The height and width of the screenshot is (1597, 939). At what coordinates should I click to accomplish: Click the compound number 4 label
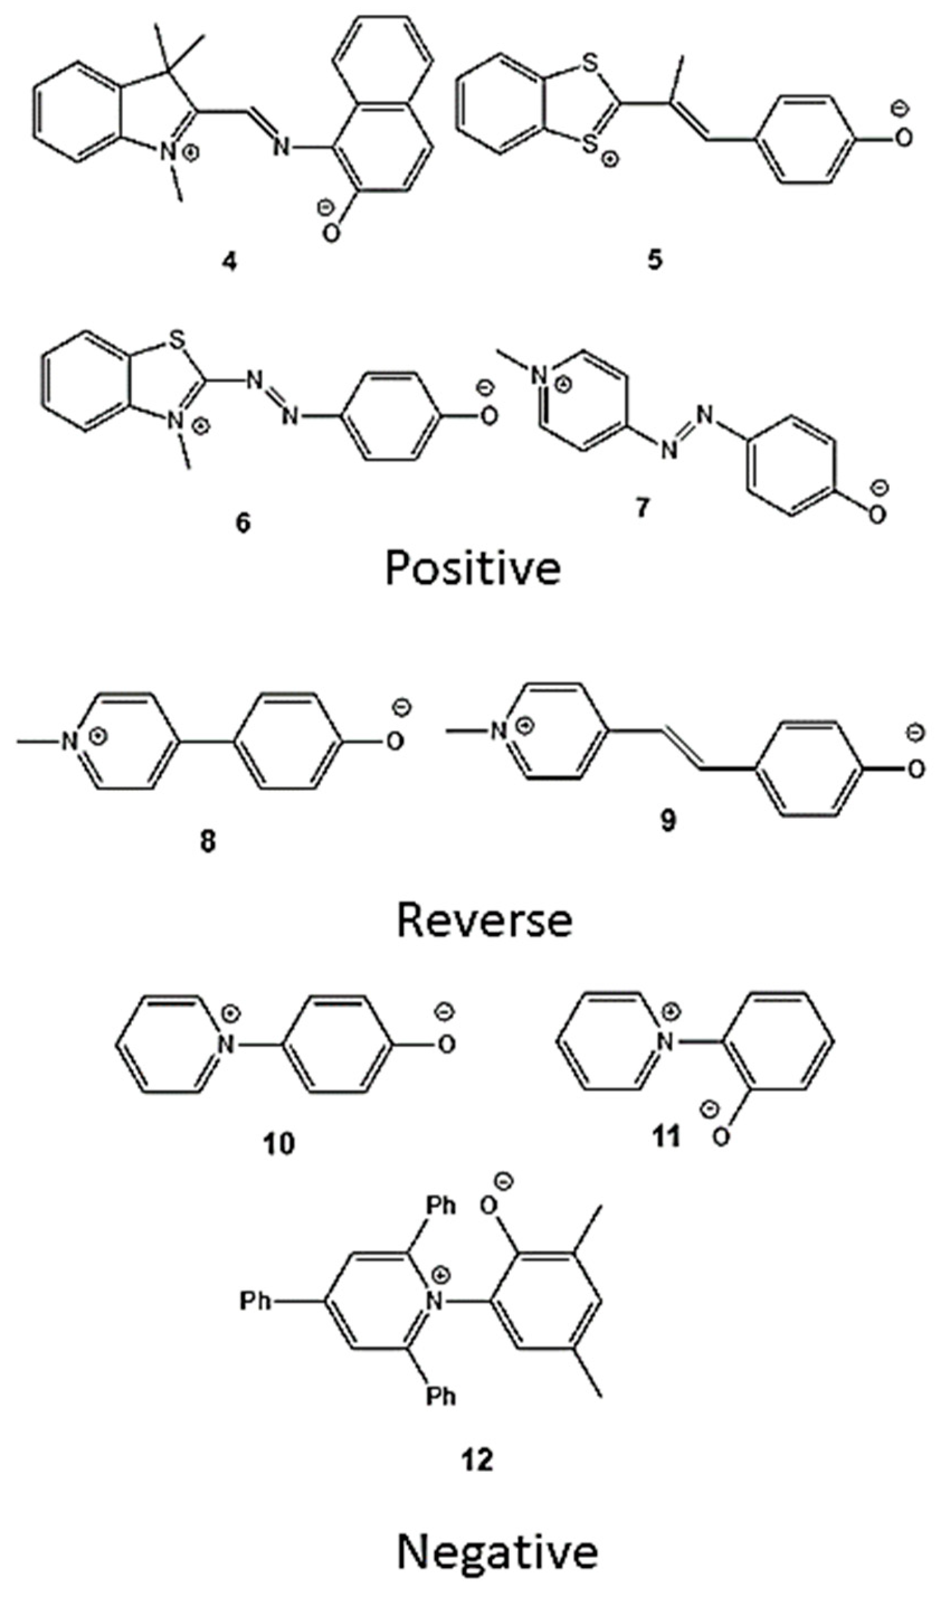click(x=229, y=262)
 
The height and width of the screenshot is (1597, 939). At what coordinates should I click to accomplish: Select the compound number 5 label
click(x=655, y=260)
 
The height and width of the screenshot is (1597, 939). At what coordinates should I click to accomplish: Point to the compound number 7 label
click(x=643, y=507)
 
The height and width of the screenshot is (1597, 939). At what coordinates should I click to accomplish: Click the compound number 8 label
click(x=207, y=842)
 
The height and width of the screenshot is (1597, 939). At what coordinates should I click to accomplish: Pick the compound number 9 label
click(x=668, y=820)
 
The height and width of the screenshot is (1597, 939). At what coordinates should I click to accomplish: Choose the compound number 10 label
click(x=279, y=1143)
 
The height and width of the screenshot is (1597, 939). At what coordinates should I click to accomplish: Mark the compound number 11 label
click(x=666, y=1135)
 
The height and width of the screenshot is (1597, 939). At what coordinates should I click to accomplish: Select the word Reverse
click(x=484, y=920)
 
